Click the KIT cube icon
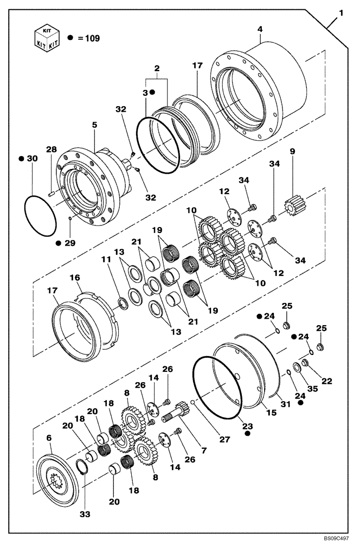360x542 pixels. point(47,37)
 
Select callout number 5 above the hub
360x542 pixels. point(94,124)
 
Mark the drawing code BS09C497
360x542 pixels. point(339,536)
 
